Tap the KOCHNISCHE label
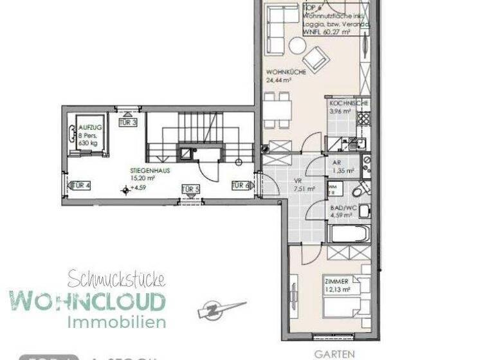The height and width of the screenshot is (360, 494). pyautogui.click(x=349, y=104)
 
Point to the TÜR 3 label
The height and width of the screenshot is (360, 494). pyautogui.click(x=129, y=122)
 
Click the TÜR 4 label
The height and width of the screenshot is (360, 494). pyautogui.click(x=81, y=186)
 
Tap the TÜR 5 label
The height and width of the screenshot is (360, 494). pyautogui.click(x=190, y=189)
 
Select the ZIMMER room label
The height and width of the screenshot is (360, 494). pyautogui.click(x=337, y=281)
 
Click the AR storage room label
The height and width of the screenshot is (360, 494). pyautogui.click(x=336, y=163)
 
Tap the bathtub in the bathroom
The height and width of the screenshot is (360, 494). pyautogui.click(x=347, y=232)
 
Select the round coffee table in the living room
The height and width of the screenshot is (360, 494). pyautogui.click(x=297, y=46)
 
